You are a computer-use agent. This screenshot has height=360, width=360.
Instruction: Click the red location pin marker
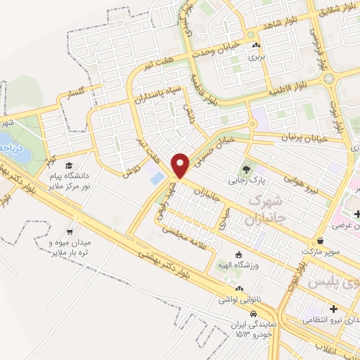(x=182, y=165)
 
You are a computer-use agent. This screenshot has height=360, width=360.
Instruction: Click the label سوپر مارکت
(x=321, y=250)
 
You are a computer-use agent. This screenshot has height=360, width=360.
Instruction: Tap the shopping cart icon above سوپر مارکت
(x=321, y=240)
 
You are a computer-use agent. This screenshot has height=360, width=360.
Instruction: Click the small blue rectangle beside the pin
(x=155, y=176)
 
